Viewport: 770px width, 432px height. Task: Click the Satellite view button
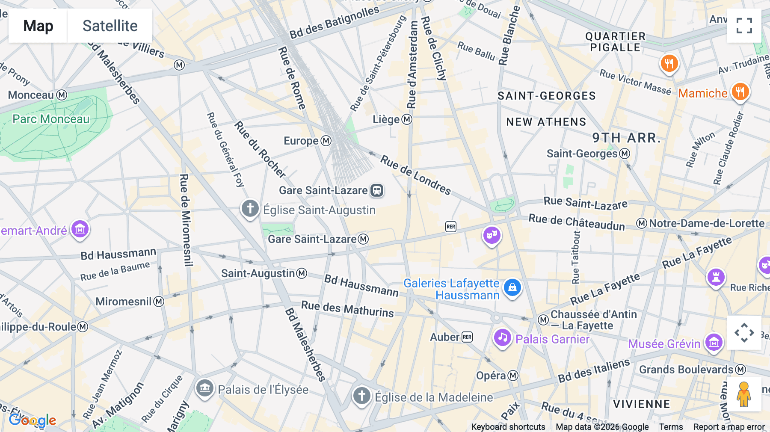click(110, 26)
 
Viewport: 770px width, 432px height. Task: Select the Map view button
click(38, 26)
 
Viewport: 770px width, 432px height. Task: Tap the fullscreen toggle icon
click(744, 26)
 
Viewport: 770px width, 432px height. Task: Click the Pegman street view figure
click(744, 394)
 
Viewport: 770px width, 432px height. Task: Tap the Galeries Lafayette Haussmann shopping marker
click(512, 287)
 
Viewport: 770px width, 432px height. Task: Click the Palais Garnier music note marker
click(502, 338)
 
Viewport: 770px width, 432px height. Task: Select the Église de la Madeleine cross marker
click(361, 396)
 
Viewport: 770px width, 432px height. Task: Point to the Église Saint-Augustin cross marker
click(250, 209)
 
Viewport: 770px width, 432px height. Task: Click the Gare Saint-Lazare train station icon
click(377, 190)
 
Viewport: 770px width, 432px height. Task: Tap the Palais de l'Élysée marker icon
click(205, 388)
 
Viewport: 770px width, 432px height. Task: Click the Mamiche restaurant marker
click(740, 92)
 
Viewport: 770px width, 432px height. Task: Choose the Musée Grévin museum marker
click(714, 343)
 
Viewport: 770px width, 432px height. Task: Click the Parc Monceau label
click(51, 119)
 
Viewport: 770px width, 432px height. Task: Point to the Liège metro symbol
click(407, 119)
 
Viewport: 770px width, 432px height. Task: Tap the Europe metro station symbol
click(326, 141)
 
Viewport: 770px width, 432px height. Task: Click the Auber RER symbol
click(467, 337)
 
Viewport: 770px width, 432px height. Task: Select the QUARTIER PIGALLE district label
click(615, 42)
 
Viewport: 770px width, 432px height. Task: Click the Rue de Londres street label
click(415, 175)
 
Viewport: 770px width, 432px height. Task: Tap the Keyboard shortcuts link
click(508, 427)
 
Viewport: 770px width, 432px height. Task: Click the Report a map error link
click(729, 427)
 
